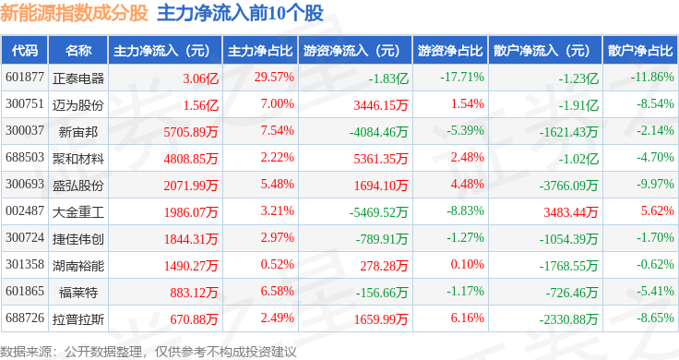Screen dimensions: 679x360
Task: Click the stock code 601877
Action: point(25,78)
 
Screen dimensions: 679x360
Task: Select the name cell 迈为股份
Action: point(78,105)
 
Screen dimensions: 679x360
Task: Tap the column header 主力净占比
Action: point(260,51)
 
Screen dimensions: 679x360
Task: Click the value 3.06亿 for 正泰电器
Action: point(200,78)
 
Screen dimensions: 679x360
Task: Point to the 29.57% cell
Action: point(274,78)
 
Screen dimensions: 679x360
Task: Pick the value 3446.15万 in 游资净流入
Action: point(381,105)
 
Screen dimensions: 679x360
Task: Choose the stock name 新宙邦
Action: point(78,132)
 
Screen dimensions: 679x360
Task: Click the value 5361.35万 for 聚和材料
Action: point(381,159)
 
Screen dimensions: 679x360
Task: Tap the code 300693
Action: point(25,184)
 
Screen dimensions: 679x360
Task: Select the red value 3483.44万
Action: point(571,212)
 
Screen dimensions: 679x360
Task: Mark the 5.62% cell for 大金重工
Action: point(658,211)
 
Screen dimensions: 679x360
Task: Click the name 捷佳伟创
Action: point(78,239)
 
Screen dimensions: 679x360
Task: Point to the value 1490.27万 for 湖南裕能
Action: point(191,266)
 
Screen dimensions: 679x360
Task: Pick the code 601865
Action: point(25,291)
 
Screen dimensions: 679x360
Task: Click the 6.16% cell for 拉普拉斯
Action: point(467,318)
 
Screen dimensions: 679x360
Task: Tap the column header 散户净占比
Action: point(640,51)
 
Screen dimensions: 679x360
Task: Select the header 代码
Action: point(25,51)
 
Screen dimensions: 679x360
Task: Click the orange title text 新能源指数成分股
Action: point(74,13)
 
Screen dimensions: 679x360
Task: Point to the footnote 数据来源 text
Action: point(26,352)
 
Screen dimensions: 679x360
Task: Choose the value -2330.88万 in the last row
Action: point(568,319)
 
